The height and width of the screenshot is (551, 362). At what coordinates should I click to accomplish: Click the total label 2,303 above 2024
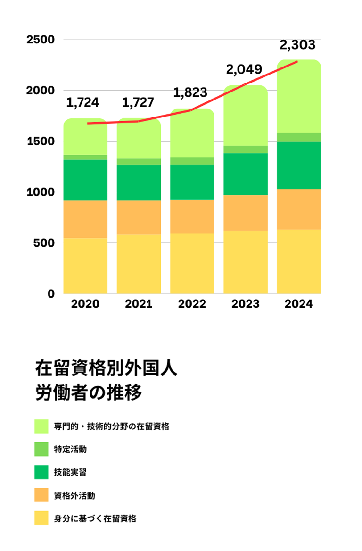click(x=297, y=45)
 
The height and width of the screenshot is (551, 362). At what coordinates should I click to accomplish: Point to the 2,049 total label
click(x=244, y=70)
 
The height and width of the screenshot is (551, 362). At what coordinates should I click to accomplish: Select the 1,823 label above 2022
click(x=190, y=92)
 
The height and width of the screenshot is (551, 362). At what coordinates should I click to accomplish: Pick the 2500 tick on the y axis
click(x=41, y=40)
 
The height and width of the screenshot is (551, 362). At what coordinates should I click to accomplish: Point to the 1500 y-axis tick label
click(x=41, y=142)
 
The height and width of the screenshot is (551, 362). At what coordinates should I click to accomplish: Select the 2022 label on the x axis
click(x=192, y=304)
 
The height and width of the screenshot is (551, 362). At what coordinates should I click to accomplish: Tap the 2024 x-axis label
click(x=299, y=304)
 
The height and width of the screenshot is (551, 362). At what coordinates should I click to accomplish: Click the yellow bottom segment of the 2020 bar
click(x=85, y=266)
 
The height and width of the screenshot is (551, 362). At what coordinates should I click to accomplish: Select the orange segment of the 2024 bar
click(x=299, y=209)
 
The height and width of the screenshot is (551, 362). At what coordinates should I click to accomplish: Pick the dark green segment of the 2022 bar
click(x=192, y=182)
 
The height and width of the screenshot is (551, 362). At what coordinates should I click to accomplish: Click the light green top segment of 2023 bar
click(x=246, y=116)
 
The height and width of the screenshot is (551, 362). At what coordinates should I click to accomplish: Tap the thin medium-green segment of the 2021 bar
click(x=139, y=161)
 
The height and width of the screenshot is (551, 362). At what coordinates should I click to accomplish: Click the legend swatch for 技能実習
click(x=41, y=472)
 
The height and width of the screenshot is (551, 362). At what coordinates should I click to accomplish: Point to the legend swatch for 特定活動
click(x=41, y=449)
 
